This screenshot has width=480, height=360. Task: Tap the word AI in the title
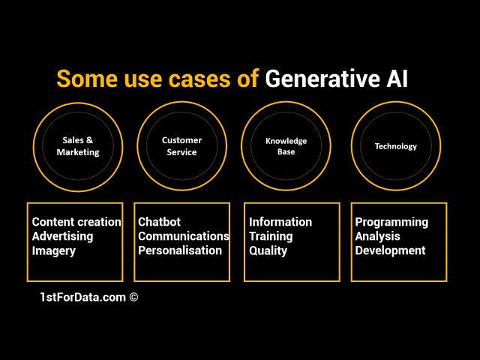pyautogui.click(x=397, y=79)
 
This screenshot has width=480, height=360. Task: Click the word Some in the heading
pyautogui.click(x=84, y=79)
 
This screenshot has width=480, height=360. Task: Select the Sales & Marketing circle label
pyautogui.click(x=78, y=146)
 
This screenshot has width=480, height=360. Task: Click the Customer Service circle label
pyautogui.click(x=181, y=146)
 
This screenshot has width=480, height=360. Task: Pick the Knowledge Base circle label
pyautogui.click(x=286, y=146)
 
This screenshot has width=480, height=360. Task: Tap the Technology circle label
pyautogui.click(x=395, y=146)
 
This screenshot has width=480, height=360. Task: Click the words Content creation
pyautogui.click(x=76, y=222)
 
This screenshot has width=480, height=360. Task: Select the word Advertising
pyautogui.click(x=62, y=236)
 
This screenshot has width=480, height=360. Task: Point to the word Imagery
pyautogui.click(x=53, y=251)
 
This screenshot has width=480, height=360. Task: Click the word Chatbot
pyautogui.click(x=159, y=222)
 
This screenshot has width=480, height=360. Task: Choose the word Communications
pyautogui.click(x=183, y=236)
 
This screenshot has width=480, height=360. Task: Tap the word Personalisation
pyautogui.click(x=179, y=250)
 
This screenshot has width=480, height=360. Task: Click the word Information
pyautogui.click(x=280, y=222)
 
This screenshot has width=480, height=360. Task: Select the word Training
pyautogui.click(x=271, y=236)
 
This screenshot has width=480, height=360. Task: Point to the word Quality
pyautogui.click(x=268, y=250)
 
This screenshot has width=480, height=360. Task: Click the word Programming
pyautogui.click(x=391, y=222)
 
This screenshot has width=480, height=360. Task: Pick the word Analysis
pyautogui.click(x=377, y=236)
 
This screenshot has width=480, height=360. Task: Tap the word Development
pyautogui.click(x=390, y=250)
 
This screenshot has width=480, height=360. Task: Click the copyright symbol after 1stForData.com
pyautogui.click(x=133, y=297)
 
